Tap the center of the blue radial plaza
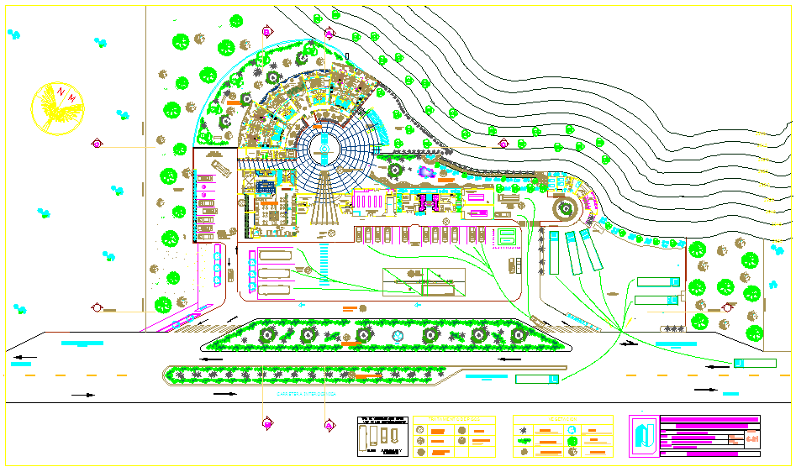click(x=324, y=149)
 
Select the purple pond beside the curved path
click(x=427, y=173)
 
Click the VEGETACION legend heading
click(x=562, y=419)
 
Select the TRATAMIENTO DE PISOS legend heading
click(x=455, y=419)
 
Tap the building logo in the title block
click(x=645, y=436)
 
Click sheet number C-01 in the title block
click(x=752, y=438)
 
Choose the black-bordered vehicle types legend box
click(x=382, y=436)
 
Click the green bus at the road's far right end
click(x=754, y=363)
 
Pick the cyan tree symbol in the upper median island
click(x=398, y=335)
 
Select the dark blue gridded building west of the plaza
click(x=266, y=188)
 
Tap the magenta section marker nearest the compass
click(x=98, y=144)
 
